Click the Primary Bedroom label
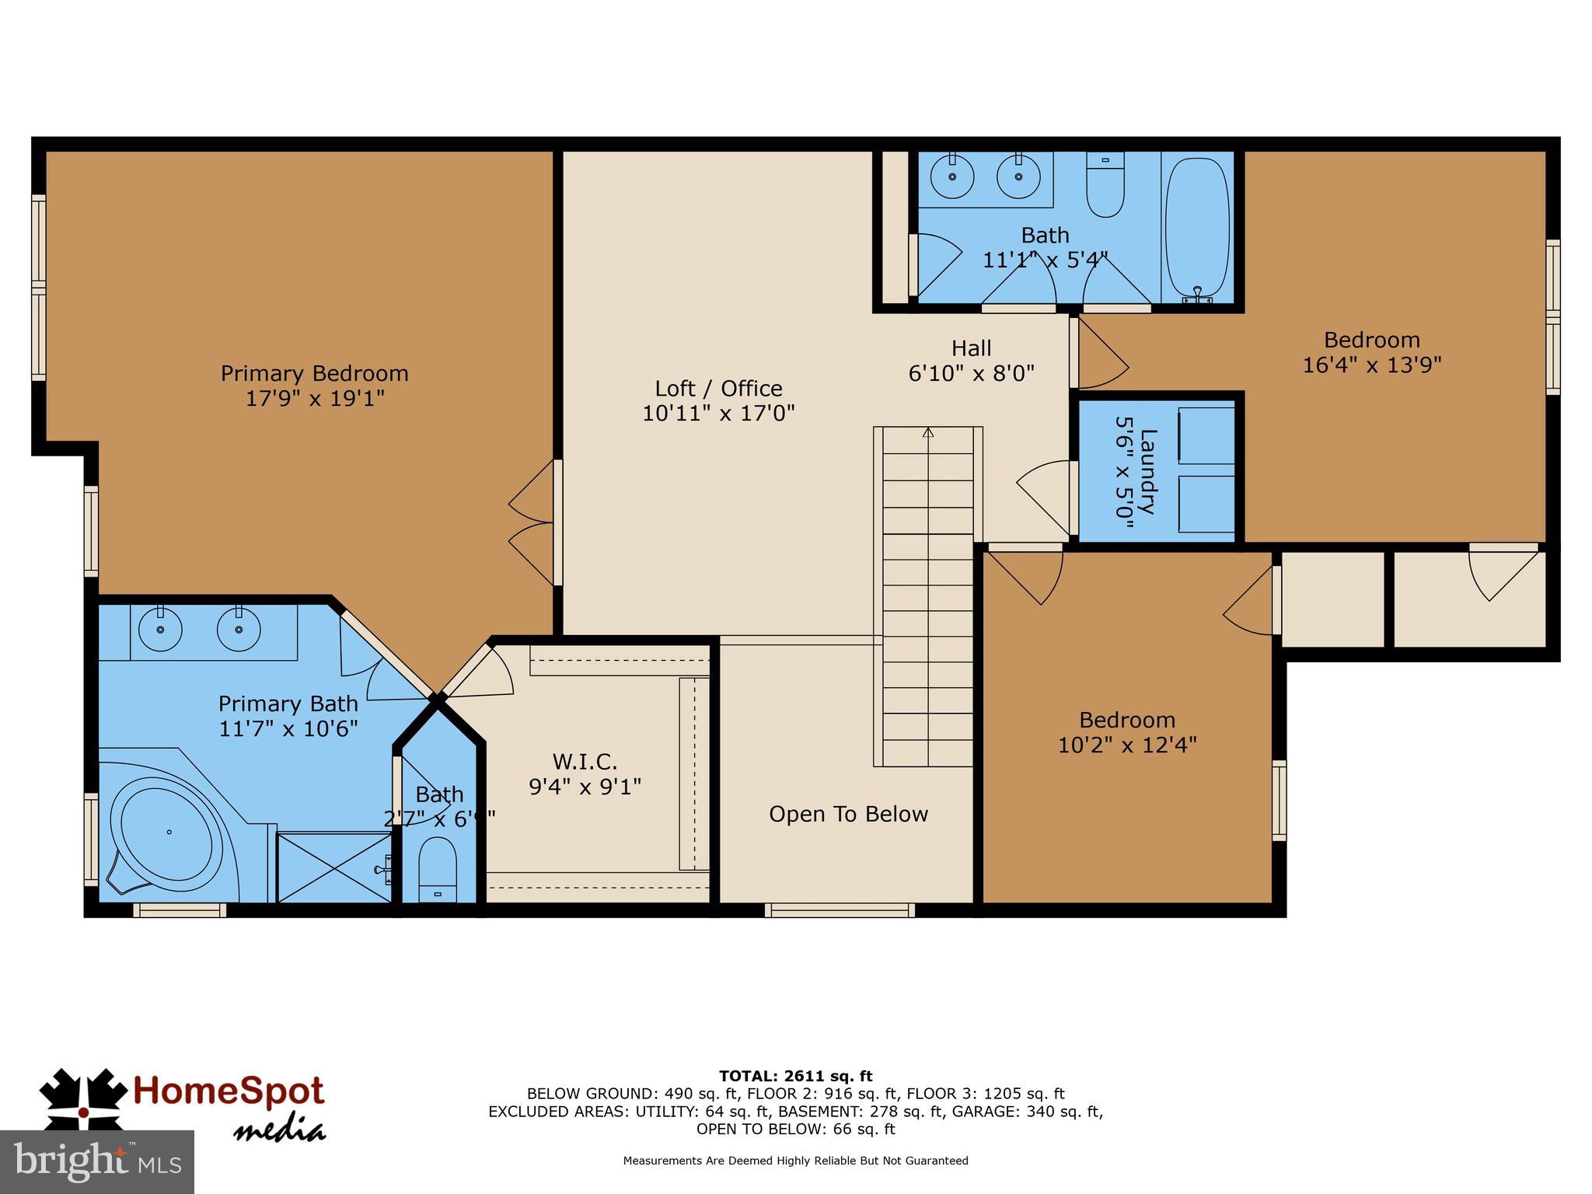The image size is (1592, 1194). pyautogui.click(x=314, y=374)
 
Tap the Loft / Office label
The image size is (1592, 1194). pyautogui.click(x=718, y=389)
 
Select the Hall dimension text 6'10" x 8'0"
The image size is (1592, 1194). pyautogui.click(x=971, y=374)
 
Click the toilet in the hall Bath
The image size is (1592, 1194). pyautogui.click(x=1105, y=186)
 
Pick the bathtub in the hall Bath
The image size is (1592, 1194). pyautogui.click(x=1198, y=225)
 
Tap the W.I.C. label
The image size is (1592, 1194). pyautogui.click(x=585, y=761)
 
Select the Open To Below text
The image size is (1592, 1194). pyautogui.click(x=848, y=814)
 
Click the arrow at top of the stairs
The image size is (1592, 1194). pyautogui.click(x=927, y=432)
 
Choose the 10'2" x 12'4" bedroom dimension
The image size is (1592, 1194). pyautogui.click(x=1126, y=745)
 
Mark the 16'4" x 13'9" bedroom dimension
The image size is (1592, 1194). pyautogui.click(x=1371, y=365)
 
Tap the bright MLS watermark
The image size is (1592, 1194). pyautogui.click(x=96, y=1161)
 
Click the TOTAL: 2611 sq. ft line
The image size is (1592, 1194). pyautogui.click(x=795, y=1076)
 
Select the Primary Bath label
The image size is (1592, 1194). pyautogui.click(x=288, y=703)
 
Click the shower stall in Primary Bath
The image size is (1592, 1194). pyautogui.click(x=333, y=867)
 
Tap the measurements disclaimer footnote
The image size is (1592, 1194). pyautogui.click(x=795, y=1161)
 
